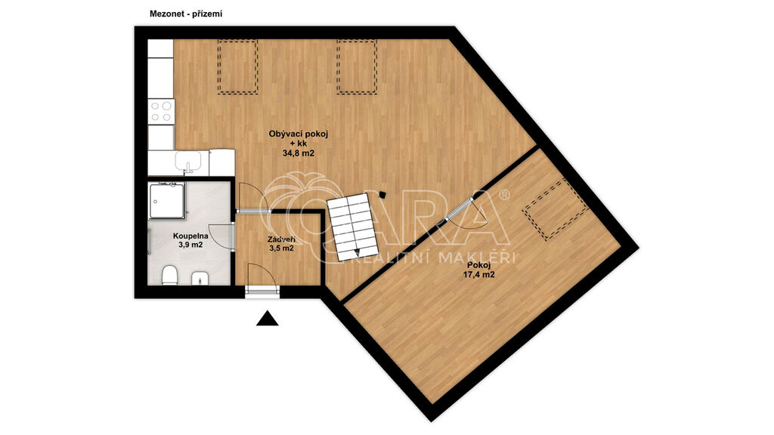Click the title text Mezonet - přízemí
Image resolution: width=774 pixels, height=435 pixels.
click(x=186, y=14)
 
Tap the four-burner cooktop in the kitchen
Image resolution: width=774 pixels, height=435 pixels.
click(x=161, y=111)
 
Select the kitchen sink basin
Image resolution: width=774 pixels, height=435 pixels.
click(x=188, y=160)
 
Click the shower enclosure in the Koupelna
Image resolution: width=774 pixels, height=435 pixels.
click(x=167, y=201)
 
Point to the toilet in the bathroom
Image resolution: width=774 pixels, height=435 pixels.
click(x=169, y=275)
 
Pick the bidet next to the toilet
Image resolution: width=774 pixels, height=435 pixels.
click(x=200, y=277)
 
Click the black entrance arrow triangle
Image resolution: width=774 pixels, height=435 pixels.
click(x=267, y=319)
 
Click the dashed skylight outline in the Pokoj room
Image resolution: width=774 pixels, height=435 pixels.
click(x=555, y=209)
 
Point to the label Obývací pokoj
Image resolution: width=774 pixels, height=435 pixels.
click(x=298, y=133)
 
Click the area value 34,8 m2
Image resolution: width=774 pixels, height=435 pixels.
click(x=298, y=153)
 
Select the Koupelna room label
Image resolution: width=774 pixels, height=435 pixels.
click(x=190, y=236)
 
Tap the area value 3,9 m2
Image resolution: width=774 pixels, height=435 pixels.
click(x=190, y=245)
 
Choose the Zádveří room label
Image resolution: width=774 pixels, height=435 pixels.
click(x=281, y=239)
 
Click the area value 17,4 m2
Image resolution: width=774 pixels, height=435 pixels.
click(x=478, y=275)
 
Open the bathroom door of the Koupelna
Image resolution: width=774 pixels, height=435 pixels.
click(x=221, y=236)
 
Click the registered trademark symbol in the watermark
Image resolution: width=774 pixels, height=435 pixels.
click(x=504, y=195)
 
